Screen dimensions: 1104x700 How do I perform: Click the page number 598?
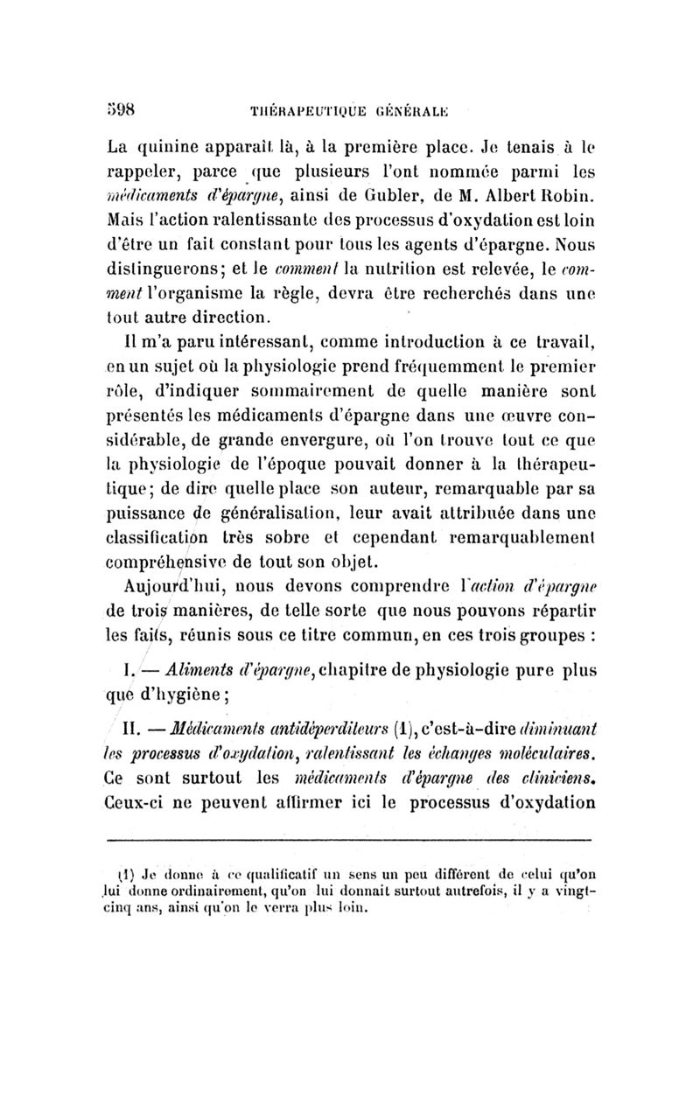118,88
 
